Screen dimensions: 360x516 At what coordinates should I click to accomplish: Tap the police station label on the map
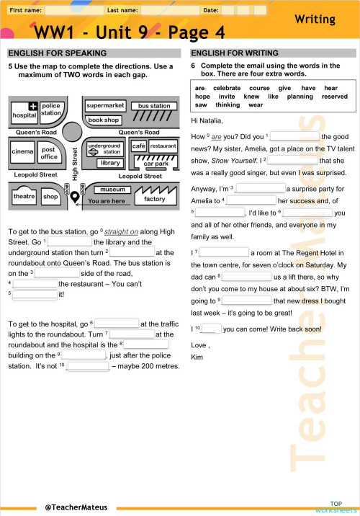coord(51,109)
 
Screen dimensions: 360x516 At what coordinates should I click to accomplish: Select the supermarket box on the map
coord(105,106)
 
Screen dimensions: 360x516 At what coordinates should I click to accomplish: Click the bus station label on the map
coord(154,106)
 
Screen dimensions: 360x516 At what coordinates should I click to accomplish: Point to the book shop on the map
coord(104,120)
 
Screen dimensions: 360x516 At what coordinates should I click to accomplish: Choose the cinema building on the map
coord(22,152)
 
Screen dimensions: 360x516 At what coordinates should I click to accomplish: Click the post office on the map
coord(49,154)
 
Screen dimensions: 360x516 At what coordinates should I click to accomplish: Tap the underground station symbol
coord(91,152)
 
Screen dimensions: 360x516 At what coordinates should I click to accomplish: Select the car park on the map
coord(156,164)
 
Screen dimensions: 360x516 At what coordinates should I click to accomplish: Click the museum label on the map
coord(113,190)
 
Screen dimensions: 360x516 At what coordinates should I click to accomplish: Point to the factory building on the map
coord(154,199)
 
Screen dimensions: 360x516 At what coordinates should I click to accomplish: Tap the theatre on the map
coord(24,197)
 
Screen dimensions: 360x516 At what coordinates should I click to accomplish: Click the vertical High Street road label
coord(75,164)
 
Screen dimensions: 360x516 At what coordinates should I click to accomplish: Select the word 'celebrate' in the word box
coord(226,88)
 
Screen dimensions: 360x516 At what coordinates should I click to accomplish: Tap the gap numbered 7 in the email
coord(223,253)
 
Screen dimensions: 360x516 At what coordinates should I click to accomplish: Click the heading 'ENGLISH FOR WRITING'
coord(234,53)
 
